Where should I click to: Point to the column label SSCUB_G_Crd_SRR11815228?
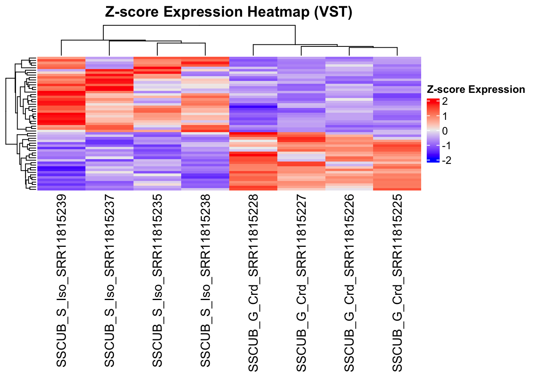(x=253, y=283)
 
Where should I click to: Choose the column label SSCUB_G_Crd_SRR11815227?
(x=301, y=283)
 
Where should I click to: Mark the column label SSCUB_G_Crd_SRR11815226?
(x=349, y=283)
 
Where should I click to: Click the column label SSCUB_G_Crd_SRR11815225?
(x=397, y=283)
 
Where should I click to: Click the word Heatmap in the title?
(x=278, y=12)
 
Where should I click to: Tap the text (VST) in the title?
(x=333, y=12)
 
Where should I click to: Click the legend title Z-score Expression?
(x=476, y=90)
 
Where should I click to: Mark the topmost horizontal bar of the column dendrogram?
(x=199, y=26)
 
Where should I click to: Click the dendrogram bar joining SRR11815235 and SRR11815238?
(x=181, y=43)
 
